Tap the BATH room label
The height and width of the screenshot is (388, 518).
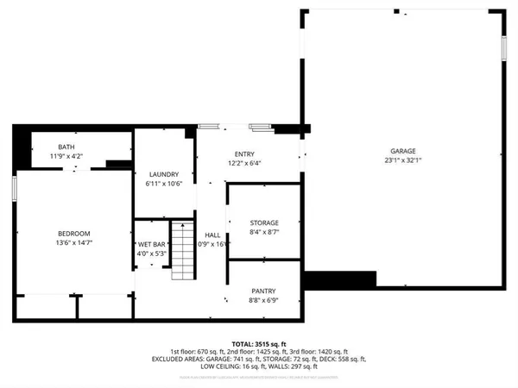click(66, 147)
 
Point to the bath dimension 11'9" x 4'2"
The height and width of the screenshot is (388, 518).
click(66, 156)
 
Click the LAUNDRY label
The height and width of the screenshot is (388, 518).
click(163, 173)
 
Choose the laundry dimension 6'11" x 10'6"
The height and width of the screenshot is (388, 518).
click(163, 182)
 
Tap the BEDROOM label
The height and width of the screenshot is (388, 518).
click(73, 234)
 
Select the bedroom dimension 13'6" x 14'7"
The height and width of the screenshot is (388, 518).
click(73, 242)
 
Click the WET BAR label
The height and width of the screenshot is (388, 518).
click(152, 245)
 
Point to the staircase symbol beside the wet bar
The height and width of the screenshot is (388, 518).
click(180, 250)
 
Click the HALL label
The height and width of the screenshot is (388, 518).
click(212, 235)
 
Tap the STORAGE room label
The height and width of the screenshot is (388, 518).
click(264, 222)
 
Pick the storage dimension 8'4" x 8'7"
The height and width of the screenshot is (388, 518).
click(264, 231)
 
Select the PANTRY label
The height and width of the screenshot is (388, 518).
click(263, 291)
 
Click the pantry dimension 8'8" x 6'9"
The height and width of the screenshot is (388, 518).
click(263, 300)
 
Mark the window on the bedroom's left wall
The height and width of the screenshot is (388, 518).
click(15, 188)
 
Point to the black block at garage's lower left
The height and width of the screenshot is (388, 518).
click(351, 280)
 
